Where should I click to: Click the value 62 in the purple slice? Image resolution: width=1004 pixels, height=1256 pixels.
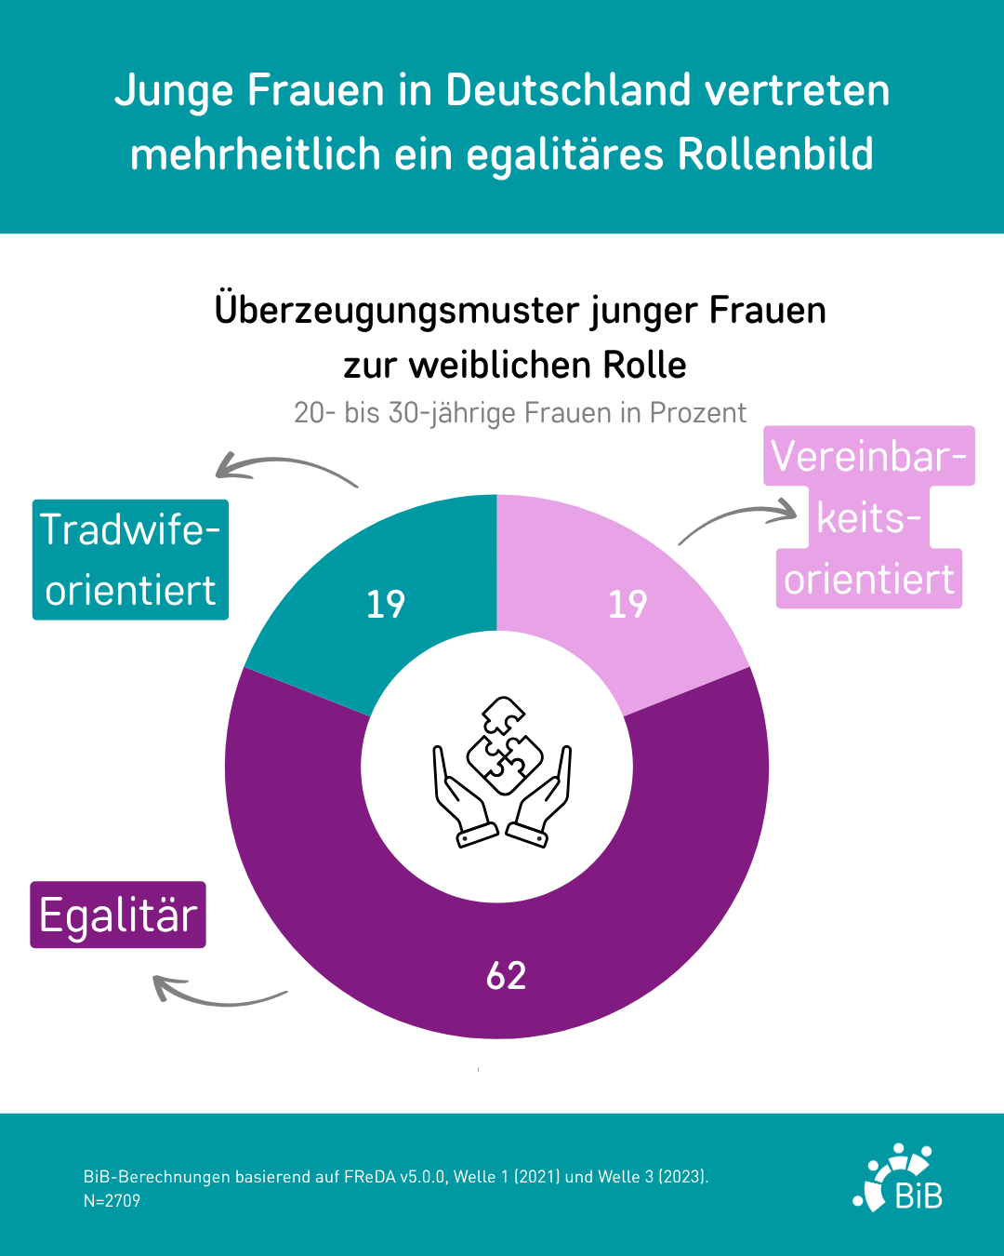(506, 975)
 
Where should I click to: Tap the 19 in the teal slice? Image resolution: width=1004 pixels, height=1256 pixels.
(385, 604)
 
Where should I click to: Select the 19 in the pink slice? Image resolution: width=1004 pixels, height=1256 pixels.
(627, 604)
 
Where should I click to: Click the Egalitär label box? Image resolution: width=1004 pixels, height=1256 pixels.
(118, 915)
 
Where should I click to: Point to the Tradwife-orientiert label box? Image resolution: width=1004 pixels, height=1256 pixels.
(130, 559)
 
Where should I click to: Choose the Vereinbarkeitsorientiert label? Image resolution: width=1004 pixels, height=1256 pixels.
(869, 517)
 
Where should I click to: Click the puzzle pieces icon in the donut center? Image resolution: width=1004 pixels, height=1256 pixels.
(503, 745)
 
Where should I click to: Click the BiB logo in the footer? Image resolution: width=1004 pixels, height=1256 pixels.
(898, 1179)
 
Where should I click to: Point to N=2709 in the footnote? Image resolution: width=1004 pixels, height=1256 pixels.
(112, 1201)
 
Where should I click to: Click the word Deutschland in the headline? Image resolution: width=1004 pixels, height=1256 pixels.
(568, 90)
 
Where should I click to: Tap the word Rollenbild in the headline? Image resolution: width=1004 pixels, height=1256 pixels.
(775, 154)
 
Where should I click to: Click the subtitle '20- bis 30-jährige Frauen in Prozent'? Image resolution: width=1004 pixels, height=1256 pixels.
(520, 412)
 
